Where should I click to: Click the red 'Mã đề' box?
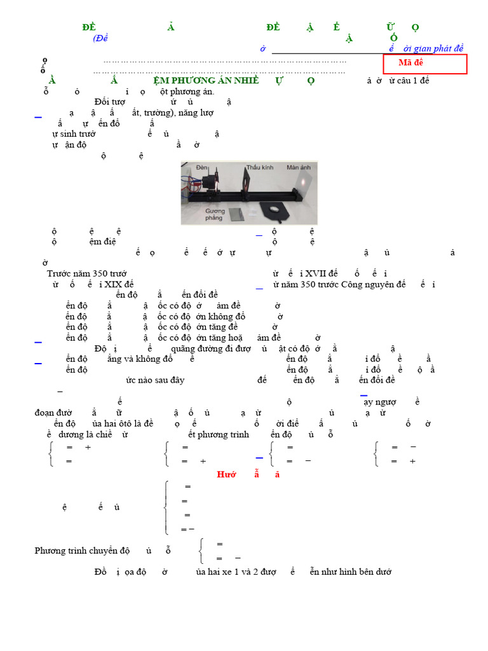424,64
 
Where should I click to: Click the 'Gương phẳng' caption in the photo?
215,214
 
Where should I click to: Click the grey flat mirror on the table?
237,214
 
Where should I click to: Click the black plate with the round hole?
273,209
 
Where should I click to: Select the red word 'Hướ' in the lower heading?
227,474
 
